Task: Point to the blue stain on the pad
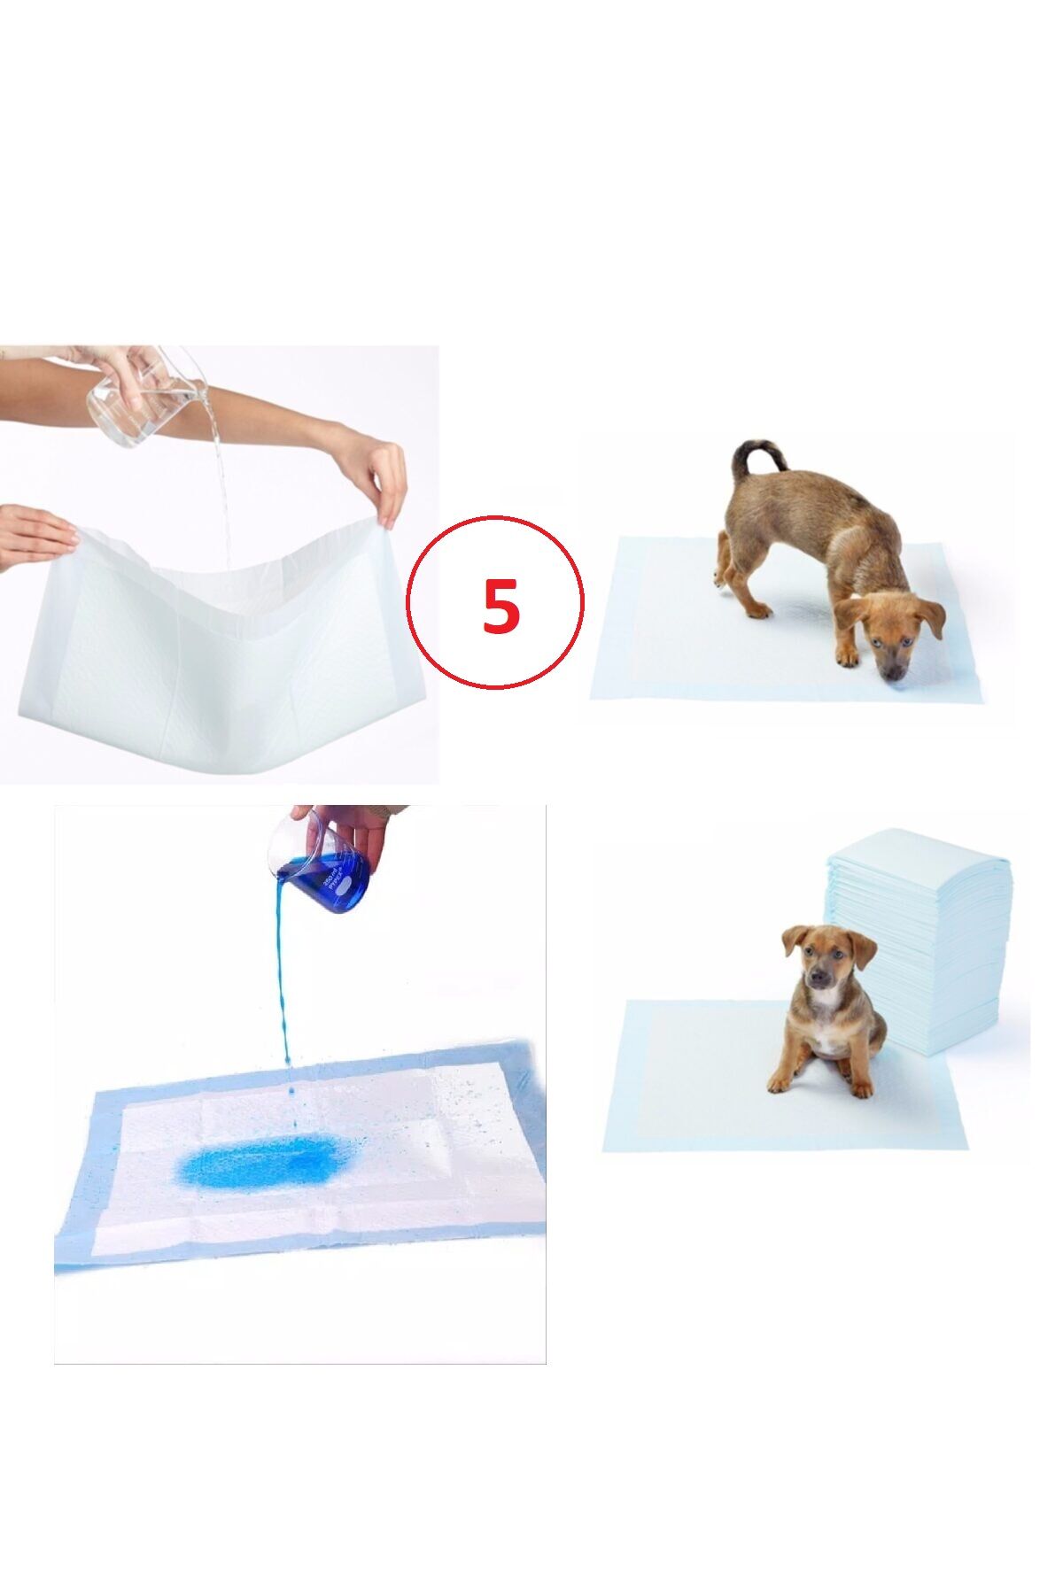[257, 1161]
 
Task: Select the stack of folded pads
[939, 939]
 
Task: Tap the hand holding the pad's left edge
[35, 536]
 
